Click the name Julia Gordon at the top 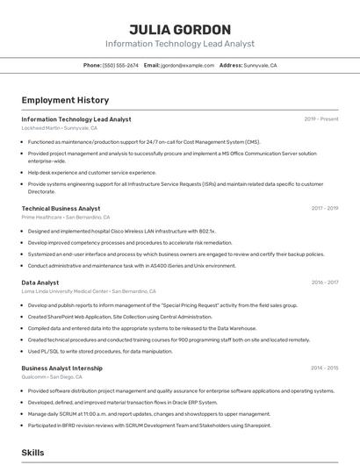(x=179, y=29)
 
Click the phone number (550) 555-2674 (x=120, y=65)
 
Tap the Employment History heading (x=65, y=100)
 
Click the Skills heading (x=33, y=453)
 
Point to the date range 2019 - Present (x=321, y=118)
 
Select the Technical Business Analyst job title (x=61, y=208)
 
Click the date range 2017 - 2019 (x=325, y=208)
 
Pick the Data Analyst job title (x=40, y=283)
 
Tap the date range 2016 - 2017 (x=325, y=283)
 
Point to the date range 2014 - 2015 (x=325, y=368)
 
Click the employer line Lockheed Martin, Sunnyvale (x=60, y=127)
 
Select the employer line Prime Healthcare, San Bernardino (x=66, y=217)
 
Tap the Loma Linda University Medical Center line (x=88, y=290)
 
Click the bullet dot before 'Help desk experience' (x=23, y=172)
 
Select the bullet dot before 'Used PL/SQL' (x=23, y=351)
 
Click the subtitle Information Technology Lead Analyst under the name (x=179, y=43)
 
